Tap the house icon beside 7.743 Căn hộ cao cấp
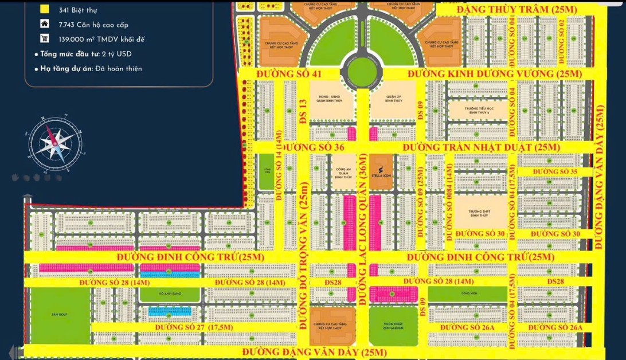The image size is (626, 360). pos(44,24)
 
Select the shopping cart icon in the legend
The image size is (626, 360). pos(44,38)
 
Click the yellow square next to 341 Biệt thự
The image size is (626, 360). pos(44,10)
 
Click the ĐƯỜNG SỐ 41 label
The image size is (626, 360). pos(289,75)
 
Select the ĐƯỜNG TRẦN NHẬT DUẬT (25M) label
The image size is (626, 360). pos(480,148)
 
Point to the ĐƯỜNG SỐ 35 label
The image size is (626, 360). pos(554,172)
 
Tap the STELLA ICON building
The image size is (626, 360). pos(381,172)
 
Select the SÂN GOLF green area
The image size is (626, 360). pos(60,315)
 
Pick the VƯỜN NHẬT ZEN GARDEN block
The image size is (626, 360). pos(393,325)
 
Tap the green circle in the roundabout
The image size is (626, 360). pos(362,70)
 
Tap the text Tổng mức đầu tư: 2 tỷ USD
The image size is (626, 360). pos(85,54)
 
